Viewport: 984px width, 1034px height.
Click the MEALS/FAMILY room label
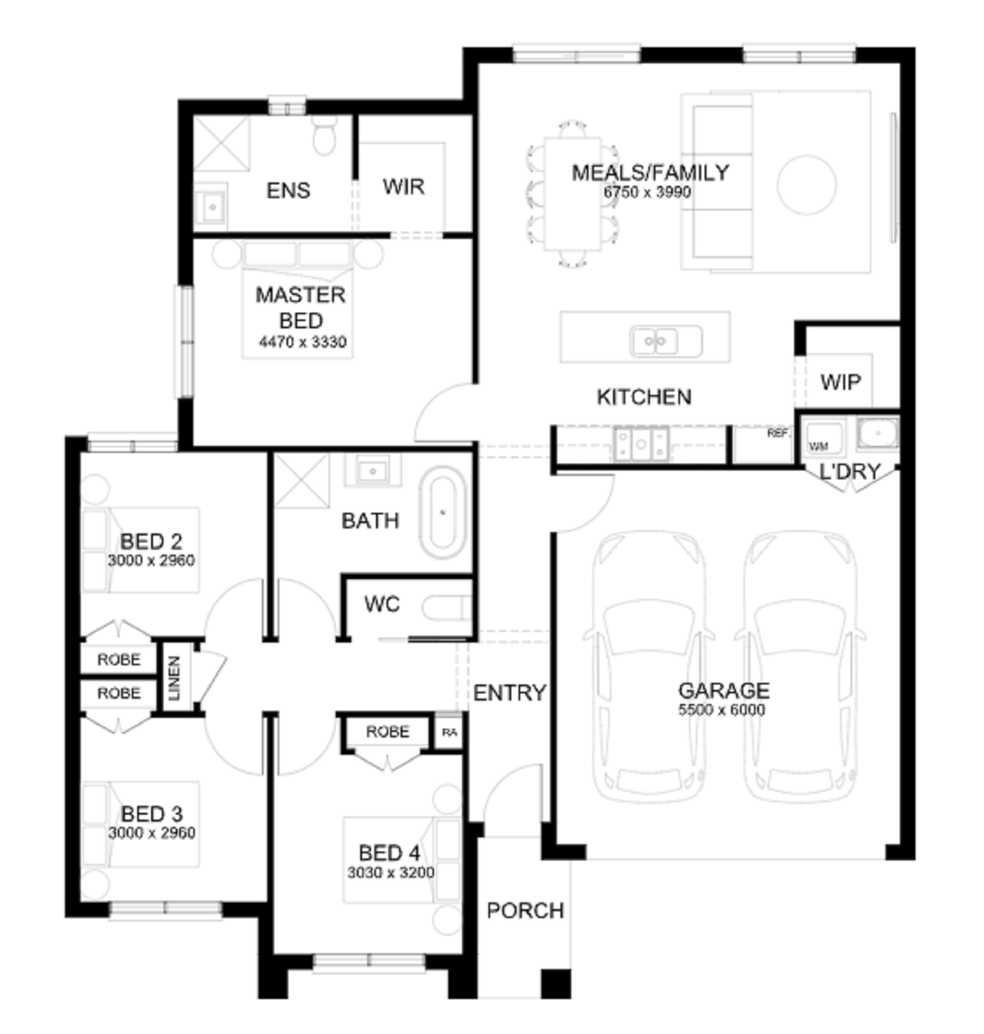[x=650, y=172]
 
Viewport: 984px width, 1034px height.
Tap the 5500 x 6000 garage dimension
[x=722, y=710]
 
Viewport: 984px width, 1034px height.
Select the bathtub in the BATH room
[x=442, y=512]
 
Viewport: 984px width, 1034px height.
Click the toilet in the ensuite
[x=325, y=135]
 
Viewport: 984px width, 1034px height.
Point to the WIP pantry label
[x=840, y=382]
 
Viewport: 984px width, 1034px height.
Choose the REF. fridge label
[x=778, y=433]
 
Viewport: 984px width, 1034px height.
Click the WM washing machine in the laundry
[x=819, y=445]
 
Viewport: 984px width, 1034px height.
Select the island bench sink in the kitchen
[x=655, y=340]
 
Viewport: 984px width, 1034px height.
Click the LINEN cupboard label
[x=174, y=677]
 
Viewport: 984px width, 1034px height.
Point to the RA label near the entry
[x=449, y=732]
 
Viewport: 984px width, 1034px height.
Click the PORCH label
[x=525, y=910]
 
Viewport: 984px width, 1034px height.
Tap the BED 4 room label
[x=389, y=853]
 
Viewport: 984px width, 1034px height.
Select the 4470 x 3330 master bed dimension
[x=303, y=341]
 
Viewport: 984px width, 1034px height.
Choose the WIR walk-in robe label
[x=403, y=186]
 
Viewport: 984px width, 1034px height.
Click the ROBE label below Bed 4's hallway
[x=387, y=731]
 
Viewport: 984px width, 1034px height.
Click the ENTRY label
[x=510, y=693]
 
